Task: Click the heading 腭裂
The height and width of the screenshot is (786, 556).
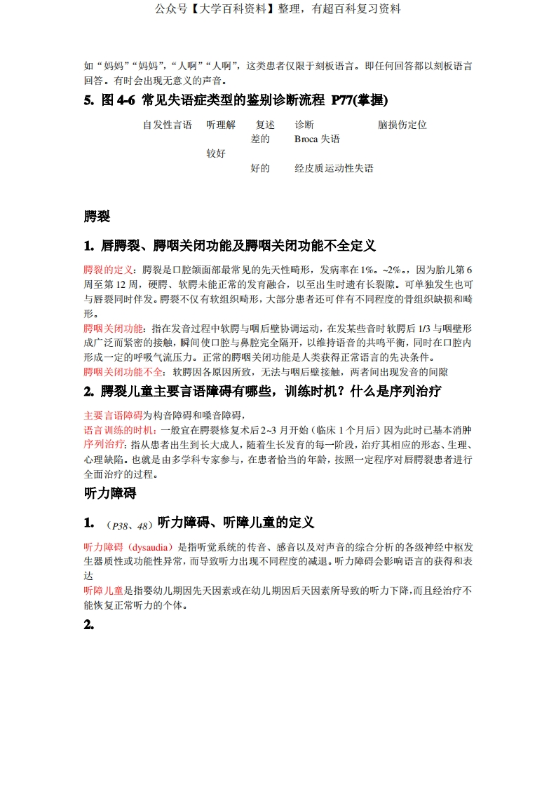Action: [x=97, y=216]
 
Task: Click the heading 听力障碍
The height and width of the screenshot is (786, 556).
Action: [x=109, y=493]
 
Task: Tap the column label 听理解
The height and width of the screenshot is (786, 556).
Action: [x=220, y=125]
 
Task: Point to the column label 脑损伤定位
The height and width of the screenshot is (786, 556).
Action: [x=402, y=125]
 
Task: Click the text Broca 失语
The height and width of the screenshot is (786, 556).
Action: [x=317, y=139]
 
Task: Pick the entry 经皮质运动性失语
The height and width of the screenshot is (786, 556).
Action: [x=334, y=168]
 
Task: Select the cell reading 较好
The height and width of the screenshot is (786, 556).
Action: [x=215, y=153]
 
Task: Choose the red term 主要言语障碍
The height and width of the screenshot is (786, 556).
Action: [x=113, y=415]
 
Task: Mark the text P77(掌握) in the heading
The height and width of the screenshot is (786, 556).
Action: [x=359, y=100]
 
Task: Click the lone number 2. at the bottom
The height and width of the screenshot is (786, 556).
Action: [x=89, y=626]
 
